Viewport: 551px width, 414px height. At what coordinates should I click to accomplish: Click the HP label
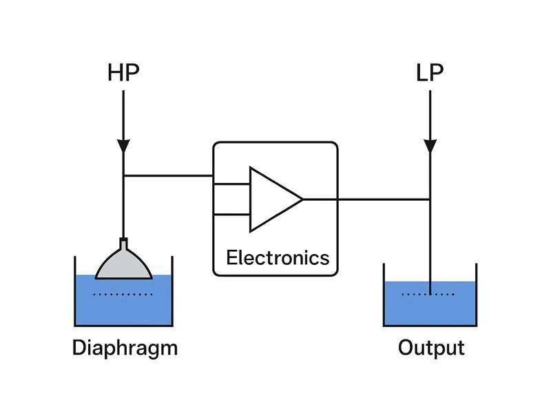(123, 73)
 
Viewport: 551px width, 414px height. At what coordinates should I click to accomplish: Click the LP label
(429, 73)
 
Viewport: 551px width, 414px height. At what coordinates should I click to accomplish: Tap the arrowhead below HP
(123, 146)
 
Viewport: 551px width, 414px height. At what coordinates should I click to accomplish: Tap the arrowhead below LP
(430, 146)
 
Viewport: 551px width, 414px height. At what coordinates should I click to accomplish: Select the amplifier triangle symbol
(272, 199)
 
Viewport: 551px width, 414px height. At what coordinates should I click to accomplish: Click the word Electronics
(278, 258)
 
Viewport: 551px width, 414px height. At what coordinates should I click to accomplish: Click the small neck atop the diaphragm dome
(123, 243)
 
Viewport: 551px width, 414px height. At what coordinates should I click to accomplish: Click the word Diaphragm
(125, 348)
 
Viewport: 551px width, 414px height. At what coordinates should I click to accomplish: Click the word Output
(431, 348)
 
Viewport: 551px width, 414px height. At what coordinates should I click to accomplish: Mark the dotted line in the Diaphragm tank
(123, 295)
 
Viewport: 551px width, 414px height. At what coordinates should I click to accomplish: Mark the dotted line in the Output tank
(428, 295)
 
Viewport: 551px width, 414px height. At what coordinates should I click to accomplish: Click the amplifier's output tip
(302, 199)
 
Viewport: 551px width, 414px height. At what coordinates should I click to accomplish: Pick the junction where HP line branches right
(123, 176)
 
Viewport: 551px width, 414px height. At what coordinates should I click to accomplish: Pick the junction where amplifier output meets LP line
(430, 199)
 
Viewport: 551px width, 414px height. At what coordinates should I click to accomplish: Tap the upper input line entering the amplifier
(232, 184)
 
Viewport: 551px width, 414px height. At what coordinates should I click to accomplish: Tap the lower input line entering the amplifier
(232, 215)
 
